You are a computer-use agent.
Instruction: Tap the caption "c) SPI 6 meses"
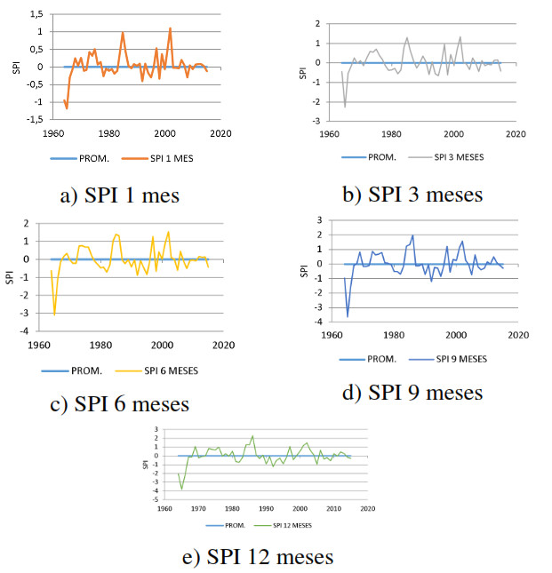point(119,403)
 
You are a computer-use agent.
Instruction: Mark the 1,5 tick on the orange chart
point(36,15)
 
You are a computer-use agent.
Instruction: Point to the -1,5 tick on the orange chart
point(34,118)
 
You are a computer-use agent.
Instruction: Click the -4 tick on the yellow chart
point(33,331)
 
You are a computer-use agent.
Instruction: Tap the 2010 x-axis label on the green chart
point(334,509)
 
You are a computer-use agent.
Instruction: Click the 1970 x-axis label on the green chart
point(198,509)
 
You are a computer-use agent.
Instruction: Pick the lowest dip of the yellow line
point(55,314)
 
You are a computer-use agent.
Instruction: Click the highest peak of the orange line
point(170,28)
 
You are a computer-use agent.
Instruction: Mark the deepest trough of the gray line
point(345,107)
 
